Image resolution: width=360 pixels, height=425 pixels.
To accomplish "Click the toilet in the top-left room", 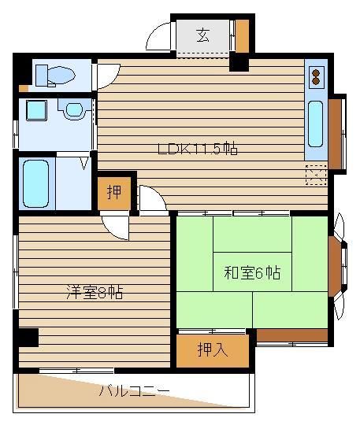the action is [x=55, y=76].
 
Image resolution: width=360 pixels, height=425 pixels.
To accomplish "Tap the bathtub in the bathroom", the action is [x=35, y=183].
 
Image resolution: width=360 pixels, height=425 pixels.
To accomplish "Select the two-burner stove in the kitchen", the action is [x=316, y=77].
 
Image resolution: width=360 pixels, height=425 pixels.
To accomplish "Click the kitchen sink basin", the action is [x=316, y=124].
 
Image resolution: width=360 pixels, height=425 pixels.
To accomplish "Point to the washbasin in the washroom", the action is [x=74, y=109].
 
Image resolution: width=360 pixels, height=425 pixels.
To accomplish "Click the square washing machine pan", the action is [x=36, y=110].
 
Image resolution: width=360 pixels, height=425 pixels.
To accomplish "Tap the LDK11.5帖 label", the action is [x=198, y=149].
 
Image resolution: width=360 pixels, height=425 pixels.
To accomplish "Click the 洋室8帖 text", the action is [x=95, y=292].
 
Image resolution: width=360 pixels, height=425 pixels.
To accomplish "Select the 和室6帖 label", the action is [x=252, y=272].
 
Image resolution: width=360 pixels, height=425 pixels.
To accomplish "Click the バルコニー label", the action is [x=134, y=391].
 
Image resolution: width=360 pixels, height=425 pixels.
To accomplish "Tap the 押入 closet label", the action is [x=213, y=349].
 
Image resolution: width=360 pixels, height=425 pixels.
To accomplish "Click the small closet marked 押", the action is [x=114, y=193].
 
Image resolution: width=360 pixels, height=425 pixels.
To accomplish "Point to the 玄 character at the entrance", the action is [x=203, y=35].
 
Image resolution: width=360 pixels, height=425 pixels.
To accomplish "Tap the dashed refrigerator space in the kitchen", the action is [x=316, y=175].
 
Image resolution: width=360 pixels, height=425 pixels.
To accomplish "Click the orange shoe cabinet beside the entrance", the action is [x=242, y=36].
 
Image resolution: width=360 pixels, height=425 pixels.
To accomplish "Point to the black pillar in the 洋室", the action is [x=28, y=337].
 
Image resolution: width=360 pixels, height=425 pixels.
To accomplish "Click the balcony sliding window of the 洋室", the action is [x=76, y=371].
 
